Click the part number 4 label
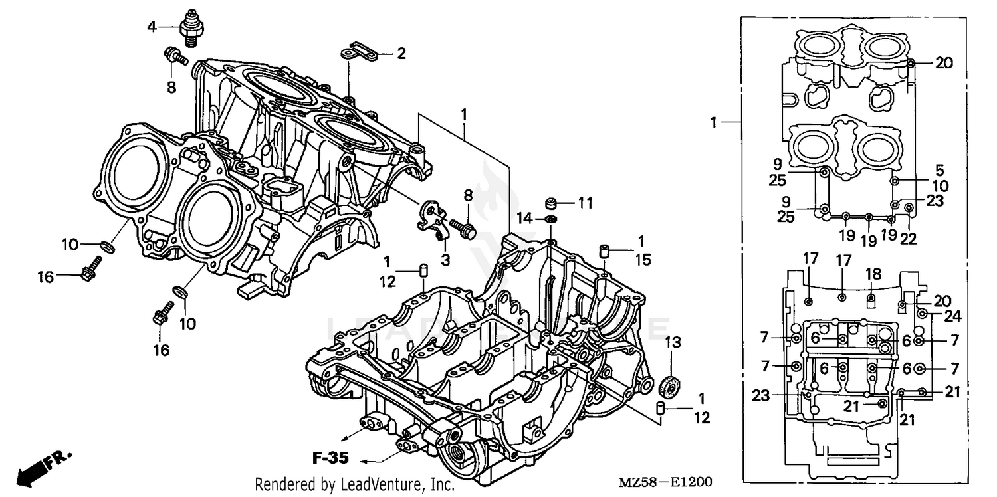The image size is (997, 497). click(x=152, y=27)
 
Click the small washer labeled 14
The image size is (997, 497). click(x=550, y=219)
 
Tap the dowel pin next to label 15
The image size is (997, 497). click(x=604, y=252)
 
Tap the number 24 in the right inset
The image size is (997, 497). click(x=952, y=315)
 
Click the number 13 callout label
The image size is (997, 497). click(x=673, y=342)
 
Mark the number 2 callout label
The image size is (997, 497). click(x=401, y=54)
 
